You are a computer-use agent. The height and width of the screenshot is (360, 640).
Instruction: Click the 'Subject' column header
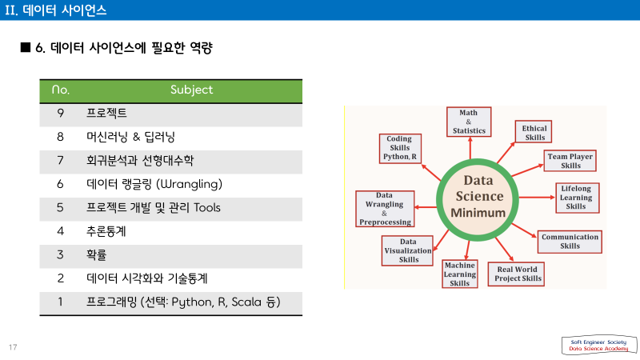(191, 90)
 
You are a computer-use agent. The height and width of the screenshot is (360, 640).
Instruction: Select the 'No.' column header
(61, 90)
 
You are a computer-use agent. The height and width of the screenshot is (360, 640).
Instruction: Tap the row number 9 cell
(61, 113)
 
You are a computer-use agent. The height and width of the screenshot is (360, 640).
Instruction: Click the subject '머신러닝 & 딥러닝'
(130, 137)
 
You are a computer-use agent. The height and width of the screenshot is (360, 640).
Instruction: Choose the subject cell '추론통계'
(106, 231)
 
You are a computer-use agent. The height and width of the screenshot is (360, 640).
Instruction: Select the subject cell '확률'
(96, 255)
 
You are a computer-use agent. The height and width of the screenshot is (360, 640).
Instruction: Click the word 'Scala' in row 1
(246, 302)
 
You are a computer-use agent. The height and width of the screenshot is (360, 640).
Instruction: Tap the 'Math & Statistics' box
(469, 122)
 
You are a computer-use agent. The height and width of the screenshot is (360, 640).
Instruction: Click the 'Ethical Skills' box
(534, 131)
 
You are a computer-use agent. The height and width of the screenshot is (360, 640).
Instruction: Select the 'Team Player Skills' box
(570, 161)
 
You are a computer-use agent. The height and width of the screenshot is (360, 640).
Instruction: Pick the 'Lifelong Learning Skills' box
(578, 198)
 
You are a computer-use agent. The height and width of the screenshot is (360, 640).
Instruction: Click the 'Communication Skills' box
(570, 242)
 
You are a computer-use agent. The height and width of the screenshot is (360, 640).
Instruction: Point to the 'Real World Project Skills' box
(516, 274)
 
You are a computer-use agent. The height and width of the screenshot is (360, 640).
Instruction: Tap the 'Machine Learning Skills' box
(460, 274)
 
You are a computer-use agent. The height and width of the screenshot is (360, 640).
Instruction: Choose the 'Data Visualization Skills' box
(407, 250)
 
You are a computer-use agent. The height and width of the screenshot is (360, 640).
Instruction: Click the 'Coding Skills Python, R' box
(400, 148)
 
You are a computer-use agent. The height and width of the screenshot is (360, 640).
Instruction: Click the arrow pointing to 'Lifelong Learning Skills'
(537, 198)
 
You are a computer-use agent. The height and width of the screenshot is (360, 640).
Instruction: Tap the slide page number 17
(13, 347)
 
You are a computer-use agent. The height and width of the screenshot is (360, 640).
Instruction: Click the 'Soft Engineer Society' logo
(598, 346)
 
